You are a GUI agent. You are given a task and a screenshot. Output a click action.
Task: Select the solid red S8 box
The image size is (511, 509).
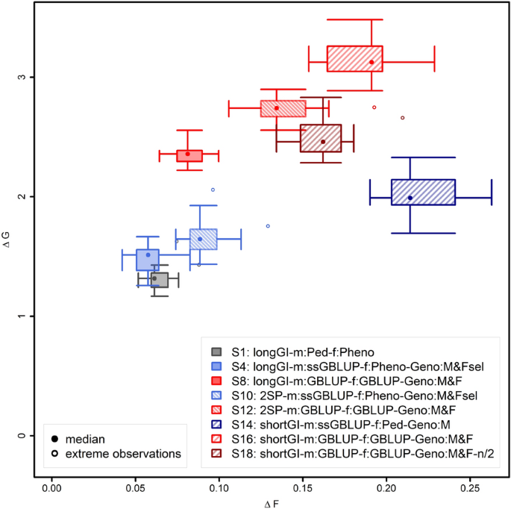(189, 155)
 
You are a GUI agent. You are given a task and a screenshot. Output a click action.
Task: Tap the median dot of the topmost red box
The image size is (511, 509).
(372, 62)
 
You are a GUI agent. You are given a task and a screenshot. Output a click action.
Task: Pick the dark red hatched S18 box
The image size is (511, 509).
(321, 138)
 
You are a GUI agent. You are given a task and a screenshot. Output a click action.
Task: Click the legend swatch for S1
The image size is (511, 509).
(216, 352)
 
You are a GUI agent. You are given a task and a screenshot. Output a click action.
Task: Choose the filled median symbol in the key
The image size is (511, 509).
(55, 438)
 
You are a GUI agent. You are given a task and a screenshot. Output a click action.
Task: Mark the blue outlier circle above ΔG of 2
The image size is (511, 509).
(213, 190)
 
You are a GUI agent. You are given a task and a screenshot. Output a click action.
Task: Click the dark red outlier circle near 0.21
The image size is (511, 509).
(403, 118)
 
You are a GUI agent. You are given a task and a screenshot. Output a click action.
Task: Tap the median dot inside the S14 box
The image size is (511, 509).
(410, 198)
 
